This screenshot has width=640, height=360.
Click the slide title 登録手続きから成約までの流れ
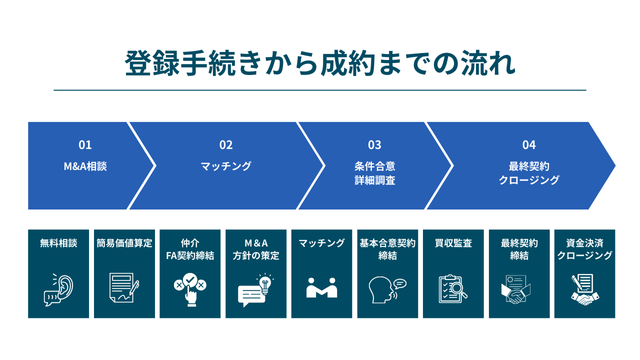[320, 62]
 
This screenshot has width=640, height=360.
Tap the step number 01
[85, 144]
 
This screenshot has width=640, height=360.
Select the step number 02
[226, 144]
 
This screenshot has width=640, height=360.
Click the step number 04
[529, 144]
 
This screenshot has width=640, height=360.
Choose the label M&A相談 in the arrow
[85, 166]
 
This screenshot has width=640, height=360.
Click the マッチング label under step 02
[226, 166]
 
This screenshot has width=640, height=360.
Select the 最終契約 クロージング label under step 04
[529, 173]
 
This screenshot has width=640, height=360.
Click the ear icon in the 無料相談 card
[57, 289]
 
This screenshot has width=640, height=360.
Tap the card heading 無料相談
[57, 243]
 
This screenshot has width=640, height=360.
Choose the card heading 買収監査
[454, 243]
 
